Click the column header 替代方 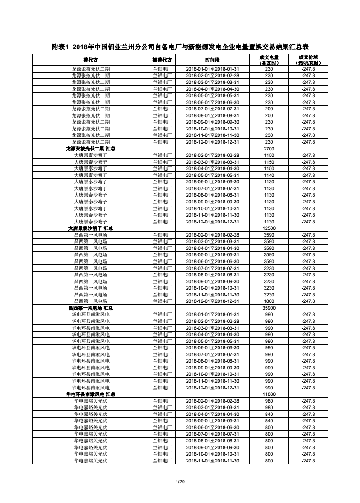pos(90,60)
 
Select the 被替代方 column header pos(162,60)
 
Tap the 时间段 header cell pos(213,60)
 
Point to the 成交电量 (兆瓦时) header pos(269,60)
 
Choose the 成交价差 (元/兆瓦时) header pos(308,60)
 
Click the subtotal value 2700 pos(269,149)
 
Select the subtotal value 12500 pos(269,228)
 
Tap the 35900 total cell pos(269,308)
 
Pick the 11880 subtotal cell pos(269,394)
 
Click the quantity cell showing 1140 pos(269,175)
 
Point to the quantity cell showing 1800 pos(269,301)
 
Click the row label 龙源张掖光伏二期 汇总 pos(90,149)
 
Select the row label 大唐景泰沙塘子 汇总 pos(90,228)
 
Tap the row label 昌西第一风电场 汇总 pos(90,308)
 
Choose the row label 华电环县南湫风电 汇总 pos(90,394)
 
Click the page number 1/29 pos(180,482)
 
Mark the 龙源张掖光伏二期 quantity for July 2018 pos(269,109)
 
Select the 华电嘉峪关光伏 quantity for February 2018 pos(269,401)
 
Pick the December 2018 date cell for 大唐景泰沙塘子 pos(213,222)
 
